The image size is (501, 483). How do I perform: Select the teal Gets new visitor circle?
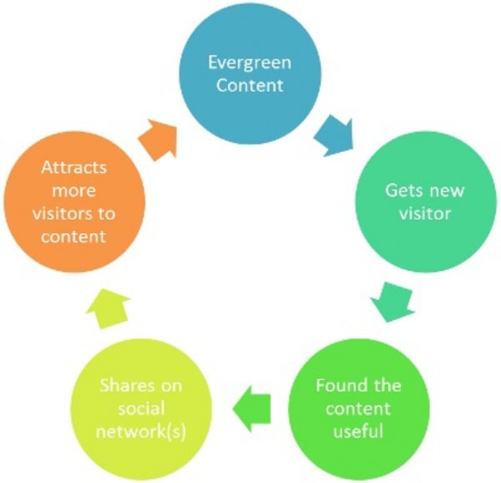[417, 201]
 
